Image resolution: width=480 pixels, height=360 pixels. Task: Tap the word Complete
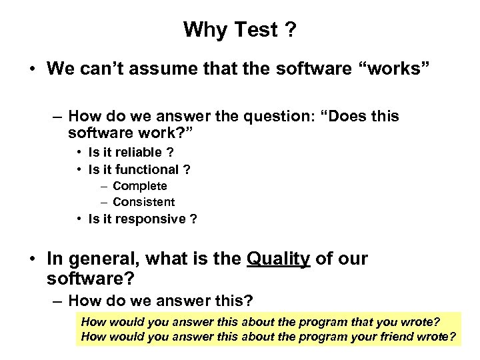[140, 186]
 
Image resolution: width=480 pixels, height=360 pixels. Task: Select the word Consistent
[144, 201]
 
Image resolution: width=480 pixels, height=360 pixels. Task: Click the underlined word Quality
[278, 259]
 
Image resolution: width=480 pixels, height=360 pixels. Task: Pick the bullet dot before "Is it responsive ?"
[79, 219]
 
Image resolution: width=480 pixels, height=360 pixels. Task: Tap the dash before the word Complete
[104, 186]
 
